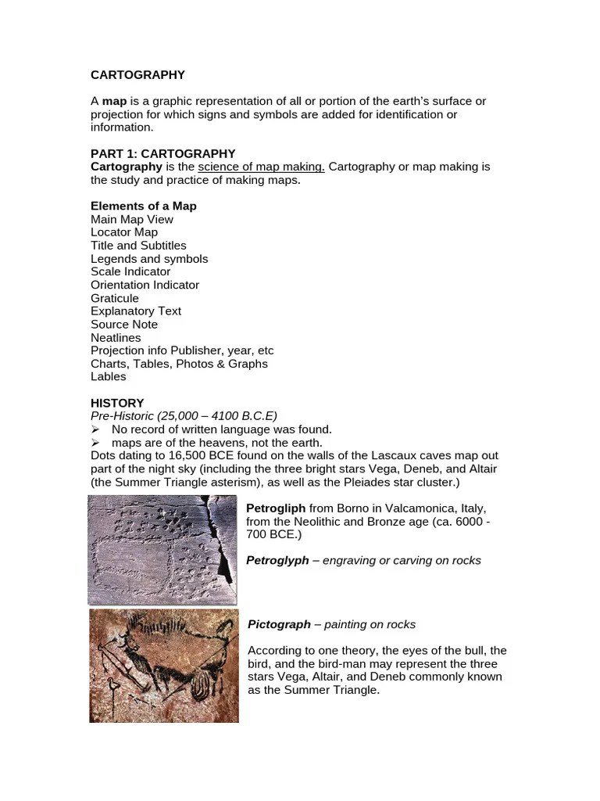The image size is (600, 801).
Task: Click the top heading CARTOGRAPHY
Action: coord(137,75)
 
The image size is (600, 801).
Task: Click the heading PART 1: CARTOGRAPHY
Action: coord(162,154)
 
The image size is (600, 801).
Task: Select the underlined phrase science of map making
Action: coord(261,167)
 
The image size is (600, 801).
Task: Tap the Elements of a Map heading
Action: coord(144,207)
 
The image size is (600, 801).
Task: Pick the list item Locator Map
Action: coord(123,232)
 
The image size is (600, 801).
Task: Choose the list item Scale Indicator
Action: coord(130,271)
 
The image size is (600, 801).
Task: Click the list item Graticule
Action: coord(114,298)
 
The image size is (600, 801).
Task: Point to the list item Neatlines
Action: coord(116,338)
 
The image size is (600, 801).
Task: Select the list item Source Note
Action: coord(123,325)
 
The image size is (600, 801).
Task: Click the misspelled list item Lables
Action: coord(108,377)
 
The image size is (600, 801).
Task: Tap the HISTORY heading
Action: coord(117,404)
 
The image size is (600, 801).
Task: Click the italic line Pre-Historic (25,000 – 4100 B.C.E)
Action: coord(184,416)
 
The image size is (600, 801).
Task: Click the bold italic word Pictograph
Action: coord(279,624)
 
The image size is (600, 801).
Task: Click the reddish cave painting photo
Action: coord(163,666)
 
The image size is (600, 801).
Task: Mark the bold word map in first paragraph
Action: coord(114,102)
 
